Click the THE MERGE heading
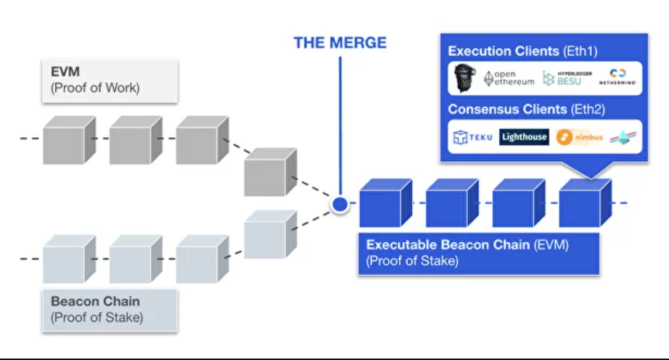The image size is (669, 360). click(x=340, y=43)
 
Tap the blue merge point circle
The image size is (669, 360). click(x=340, y=205)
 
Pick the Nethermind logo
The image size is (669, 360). click(x=617, y=78)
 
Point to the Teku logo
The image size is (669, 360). click(x=472, y=137)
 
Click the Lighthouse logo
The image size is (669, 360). click(x=524, y=137)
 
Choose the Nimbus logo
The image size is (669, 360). click(x=580, y=137)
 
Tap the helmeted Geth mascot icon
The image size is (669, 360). click(x=463, y=78)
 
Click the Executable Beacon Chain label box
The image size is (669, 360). click(x=478, y=253)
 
